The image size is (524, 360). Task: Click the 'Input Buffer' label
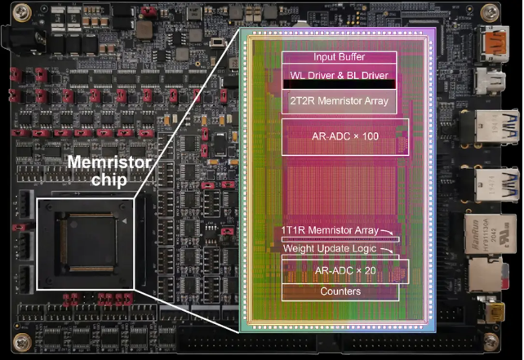coord(339,57)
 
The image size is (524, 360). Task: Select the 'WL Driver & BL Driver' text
coord(339,75)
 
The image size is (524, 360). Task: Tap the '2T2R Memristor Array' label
coord(339,100)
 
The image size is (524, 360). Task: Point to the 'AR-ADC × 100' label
coord(345,136)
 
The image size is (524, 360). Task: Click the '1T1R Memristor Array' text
coord(330,230)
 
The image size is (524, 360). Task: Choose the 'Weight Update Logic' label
coord(330,249)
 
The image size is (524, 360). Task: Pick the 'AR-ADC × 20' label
coord(345,270)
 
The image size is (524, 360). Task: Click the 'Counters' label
coord(340,291)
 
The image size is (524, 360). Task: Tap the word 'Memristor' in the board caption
coord(109,162)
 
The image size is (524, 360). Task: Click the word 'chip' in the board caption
coord(109,180)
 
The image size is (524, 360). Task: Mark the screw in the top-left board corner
coord(22,13)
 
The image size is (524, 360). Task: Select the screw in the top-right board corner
coord(490,13)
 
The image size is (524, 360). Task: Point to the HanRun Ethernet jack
coord(487,233)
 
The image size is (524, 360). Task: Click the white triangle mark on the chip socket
coord(125,221)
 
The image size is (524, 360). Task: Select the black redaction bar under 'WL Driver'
coord(340,84)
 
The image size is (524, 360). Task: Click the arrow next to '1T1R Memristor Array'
coord(387,232)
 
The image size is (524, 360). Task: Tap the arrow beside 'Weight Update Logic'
coord(387,251)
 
